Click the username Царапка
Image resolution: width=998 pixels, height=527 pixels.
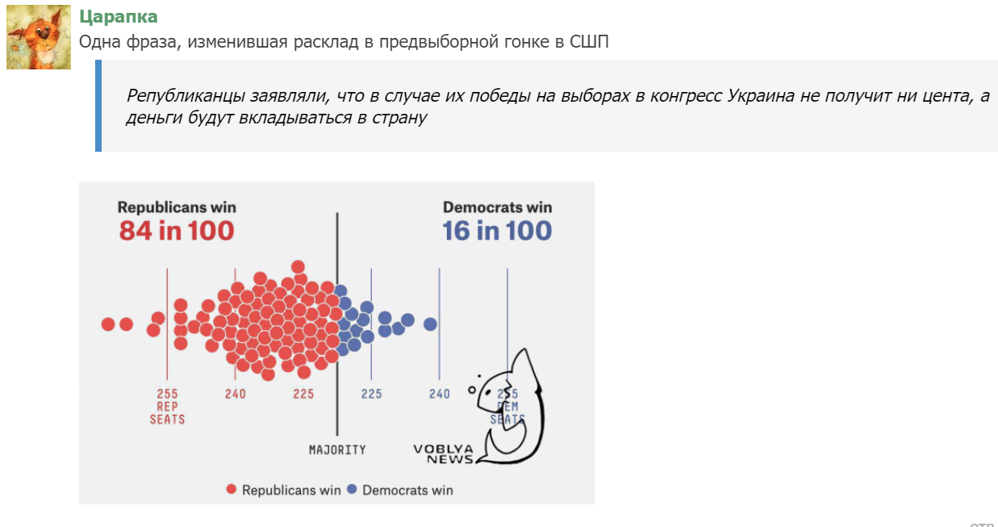pos(119,17)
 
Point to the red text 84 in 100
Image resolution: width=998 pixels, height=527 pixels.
pos(177,231)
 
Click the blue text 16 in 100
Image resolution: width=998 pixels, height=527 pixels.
pos(497,231)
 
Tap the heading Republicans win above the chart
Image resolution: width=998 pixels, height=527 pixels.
pos(177,207)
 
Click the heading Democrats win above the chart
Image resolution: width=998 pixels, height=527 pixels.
pos(497,207)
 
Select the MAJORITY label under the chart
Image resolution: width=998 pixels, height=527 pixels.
pos(337,450)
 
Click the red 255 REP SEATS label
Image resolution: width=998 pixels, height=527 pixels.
pos(167,407)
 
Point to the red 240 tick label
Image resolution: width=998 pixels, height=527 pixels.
pos(236,394)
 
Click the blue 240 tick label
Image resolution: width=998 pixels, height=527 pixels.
pos(440,394)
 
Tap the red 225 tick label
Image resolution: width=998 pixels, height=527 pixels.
pos(303,394)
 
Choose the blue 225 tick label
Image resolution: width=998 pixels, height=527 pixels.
pos(371,394)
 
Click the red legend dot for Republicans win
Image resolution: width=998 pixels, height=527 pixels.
pos(232,489)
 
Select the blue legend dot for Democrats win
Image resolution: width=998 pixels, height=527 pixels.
pos(352,489)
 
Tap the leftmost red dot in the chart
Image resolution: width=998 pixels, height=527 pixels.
pos(108,324)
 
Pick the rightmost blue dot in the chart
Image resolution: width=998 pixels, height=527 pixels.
pos(430,324)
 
